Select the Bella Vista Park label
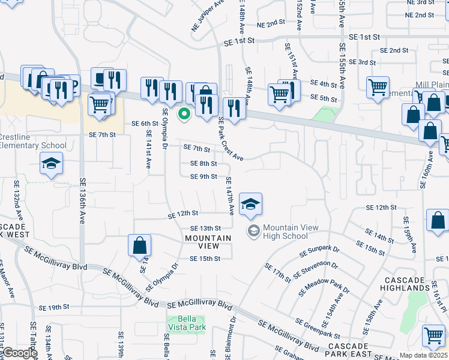[x=186, y=323]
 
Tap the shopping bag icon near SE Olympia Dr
[x=139, y=245]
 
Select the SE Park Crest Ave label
[x=230, y=138]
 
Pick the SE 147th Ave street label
[x=229, y=196]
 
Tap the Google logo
[x=19, y=353]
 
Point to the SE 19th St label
[x=54, y=307]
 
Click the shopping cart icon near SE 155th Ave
[x=378, y=88]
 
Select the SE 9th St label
[x=203, y=176]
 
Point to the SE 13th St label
[x=206, y=228]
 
